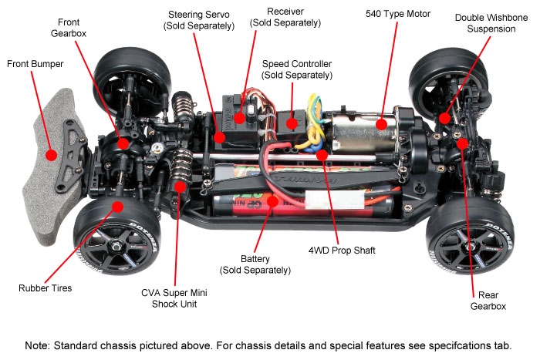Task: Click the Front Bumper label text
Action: click(x=35, y=64)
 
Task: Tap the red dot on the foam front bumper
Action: click(x=51, y=154)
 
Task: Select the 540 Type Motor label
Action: click(x=397, y=14)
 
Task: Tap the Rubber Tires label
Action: click(x=46, y=288)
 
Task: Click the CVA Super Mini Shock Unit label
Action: click(x=174, y=298)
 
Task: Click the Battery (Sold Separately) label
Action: click(x=255, y=264)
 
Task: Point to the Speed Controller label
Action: click(x=297, y=69)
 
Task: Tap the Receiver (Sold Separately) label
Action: click(x=285, y=19)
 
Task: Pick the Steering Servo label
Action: click(x=198, y=21)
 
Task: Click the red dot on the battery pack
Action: click(x=272, y=201)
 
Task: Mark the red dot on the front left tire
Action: click(x=117, y=206)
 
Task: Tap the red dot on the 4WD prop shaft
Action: click(x=322, y=154)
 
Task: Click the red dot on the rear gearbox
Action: click(x=461, y=143)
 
